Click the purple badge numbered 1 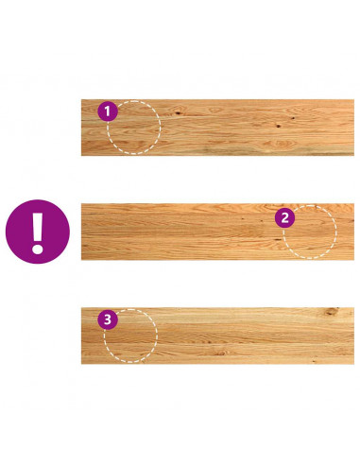pyautogui.click(x=108, y=112)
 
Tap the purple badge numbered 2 pyautogui.click(x=285, y=217)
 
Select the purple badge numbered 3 pyautogui.click(x=108, y=319)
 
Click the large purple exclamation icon pyautogui.click(x=38, y=232)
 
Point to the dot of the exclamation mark pyautogui.click(x=38, y=249)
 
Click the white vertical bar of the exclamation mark pyautogui.click(x=38, y=226)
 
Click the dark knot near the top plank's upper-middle pyautogui.click(x=178, y=112)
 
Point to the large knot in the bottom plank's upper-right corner pyautogui.click(x=332, y=312)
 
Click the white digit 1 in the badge pyautogui.click(x=108, y=112)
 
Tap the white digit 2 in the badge pyautogui.click(x=285, y=217)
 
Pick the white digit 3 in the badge pyautogui.click(x=108, y=319)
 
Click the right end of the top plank pyautogui.click(x=354, y=128)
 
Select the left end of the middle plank pyautogui.click(x=81, y=232)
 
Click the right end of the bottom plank pyautogui.click(x=354, y=336)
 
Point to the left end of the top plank pyautogui.click(x=81, y=128)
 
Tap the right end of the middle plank pyautogui.click(x=354, y=232)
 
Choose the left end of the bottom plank pyautogui.click(x=81, y=336)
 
